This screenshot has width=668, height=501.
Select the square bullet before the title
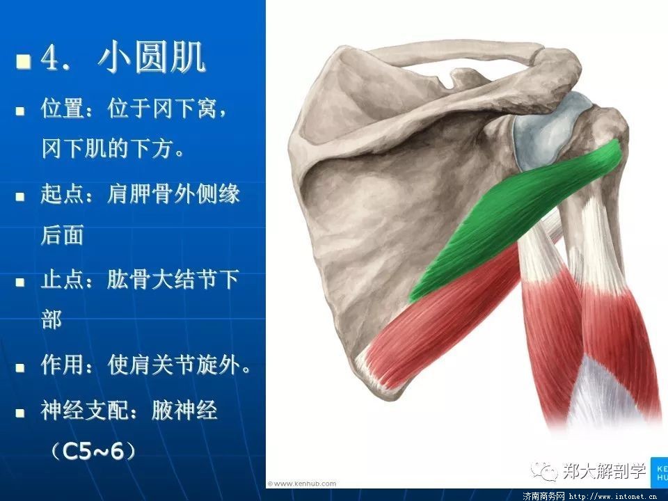pos(23,61)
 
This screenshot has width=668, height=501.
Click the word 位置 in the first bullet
pos(63,109)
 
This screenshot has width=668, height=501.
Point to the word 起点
pos(63,194)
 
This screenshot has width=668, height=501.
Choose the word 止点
pos(63,280)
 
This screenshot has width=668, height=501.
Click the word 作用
pos(63,365)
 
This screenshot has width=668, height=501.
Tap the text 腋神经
pos(184,411)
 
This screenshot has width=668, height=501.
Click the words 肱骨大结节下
pos(173,280)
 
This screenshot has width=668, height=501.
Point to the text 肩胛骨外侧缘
pos(173,194)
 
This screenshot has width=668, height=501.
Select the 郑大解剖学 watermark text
pos(604,470)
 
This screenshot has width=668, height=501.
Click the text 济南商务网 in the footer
pos(543,496)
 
